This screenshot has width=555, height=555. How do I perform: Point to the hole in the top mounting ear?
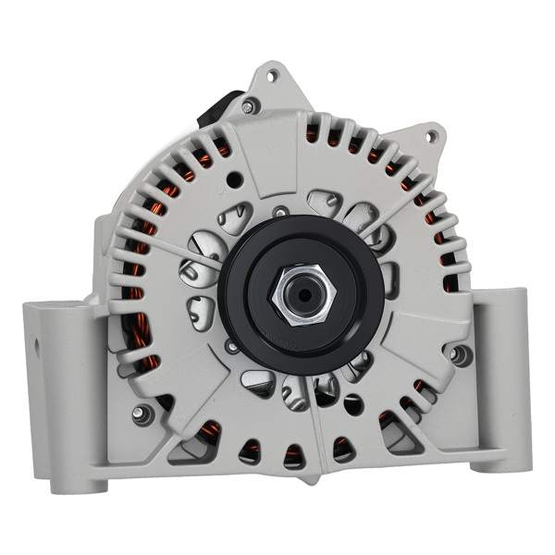(270, 76)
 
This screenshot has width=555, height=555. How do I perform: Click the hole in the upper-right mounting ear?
(430, 137)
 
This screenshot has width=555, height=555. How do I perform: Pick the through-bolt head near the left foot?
(141, 413)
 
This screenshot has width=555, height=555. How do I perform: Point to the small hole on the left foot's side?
(38, 348)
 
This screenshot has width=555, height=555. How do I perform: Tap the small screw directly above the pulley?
(280, 212)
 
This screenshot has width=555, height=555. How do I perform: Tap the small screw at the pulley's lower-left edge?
(231, 346)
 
